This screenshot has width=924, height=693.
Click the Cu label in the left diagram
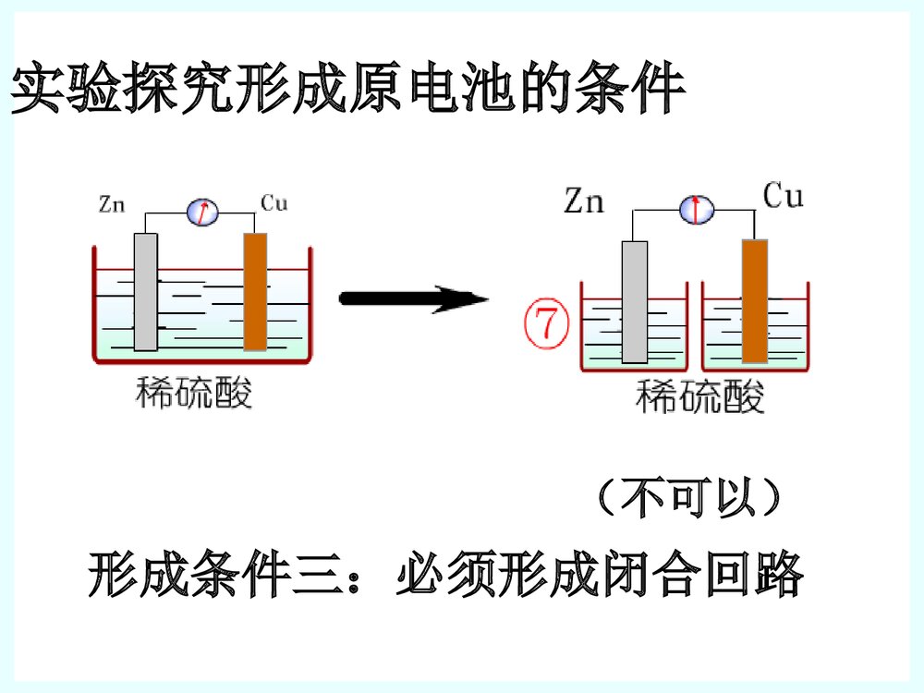coord(274,203)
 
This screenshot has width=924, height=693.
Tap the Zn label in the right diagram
coord(584,200)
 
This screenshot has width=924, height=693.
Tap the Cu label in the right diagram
coord(784,196)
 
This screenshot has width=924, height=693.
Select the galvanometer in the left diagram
coord(202,213)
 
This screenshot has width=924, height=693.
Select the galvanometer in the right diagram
coord(696,210)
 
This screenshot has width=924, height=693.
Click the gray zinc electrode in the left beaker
coord(145,291)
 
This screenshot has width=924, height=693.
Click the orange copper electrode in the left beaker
coord(255,291)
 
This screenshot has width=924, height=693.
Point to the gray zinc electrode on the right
coord(634,301)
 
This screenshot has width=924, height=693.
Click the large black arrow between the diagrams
coord(413,298)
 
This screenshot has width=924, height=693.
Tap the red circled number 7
coord(544,323)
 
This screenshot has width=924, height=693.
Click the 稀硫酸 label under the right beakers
coord(700,399)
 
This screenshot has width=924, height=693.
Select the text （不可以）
coord(688,499)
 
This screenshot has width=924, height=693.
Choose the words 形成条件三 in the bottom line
coord(221,576)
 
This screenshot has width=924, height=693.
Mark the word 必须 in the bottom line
coord(447,576)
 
